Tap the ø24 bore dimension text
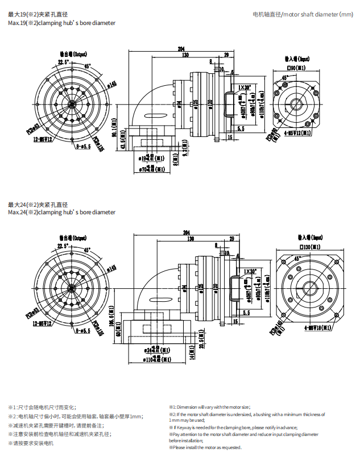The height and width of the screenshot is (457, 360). tap(150, 350)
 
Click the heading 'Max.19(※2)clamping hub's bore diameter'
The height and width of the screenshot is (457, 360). tap(61, 23)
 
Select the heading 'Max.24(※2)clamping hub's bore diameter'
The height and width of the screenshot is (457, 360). tap(61, 212)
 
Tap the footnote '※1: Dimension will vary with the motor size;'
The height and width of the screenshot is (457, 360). tap(209, 407)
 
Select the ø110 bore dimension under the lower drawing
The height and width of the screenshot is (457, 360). tap(150, 359)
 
